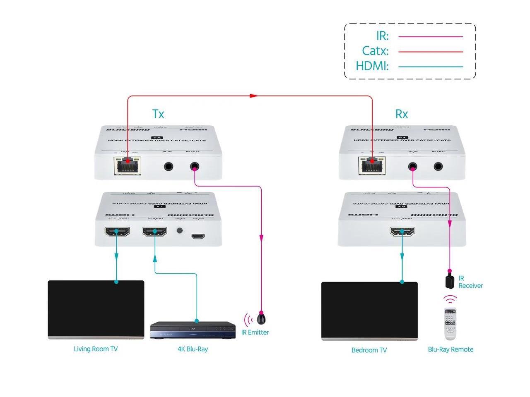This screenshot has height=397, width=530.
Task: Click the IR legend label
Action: tap(382, 36)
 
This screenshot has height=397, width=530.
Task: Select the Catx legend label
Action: tap(375, 51)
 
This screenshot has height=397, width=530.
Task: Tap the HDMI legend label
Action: tap(372, 66)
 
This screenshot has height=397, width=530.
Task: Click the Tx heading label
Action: tap(158, 114)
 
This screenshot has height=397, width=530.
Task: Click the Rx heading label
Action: tap(402, 114)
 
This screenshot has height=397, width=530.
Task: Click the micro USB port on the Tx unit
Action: tap(198, 237)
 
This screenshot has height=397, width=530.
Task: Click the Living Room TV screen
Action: tap(96, 309)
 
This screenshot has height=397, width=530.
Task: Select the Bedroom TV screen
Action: tap(369, 310)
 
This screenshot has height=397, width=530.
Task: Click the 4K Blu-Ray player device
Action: tap(193, 330)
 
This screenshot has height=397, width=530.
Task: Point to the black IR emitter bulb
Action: tap(261, 319)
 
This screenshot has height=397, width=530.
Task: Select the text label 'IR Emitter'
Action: tap(255, 332)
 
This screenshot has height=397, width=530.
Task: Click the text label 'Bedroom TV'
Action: tap(369, 350)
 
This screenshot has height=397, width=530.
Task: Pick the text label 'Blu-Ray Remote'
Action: tap(450, 349)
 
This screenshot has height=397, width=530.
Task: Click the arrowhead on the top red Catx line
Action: tap(253, 96)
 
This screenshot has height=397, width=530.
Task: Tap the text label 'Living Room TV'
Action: tap(96, 349)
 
